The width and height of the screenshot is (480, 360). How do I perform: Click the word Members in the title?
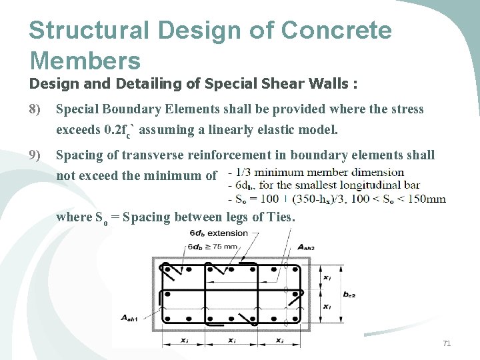(85, 61)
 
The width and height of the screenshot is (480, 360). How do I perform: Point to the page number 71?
(447, 343)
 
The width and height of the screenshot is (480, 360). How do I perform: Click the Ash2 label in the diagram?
(305, 247)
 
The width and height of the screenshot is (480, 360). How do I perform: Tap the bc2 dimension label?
(349, 294)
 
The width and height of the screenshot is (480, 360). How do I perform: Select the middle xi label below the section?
(231, 340)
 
